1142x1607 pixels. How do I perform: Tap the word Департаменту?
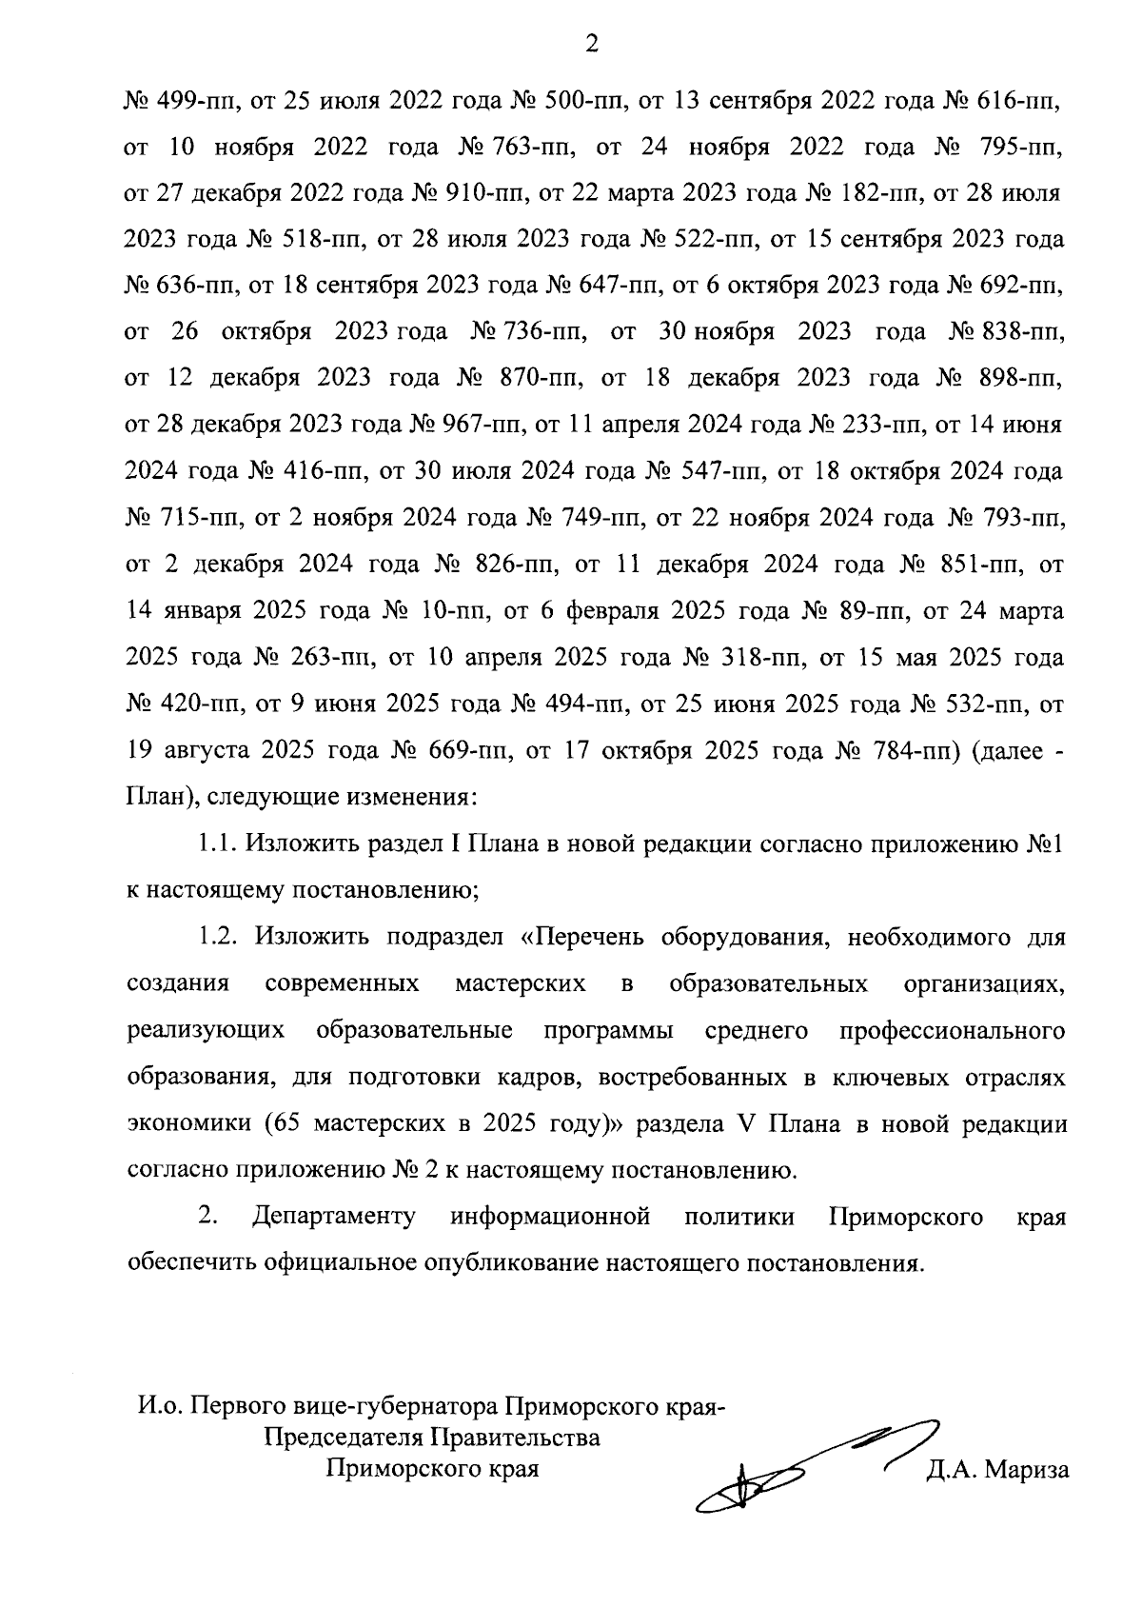pyautogui.click(x=334, y=1218)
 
